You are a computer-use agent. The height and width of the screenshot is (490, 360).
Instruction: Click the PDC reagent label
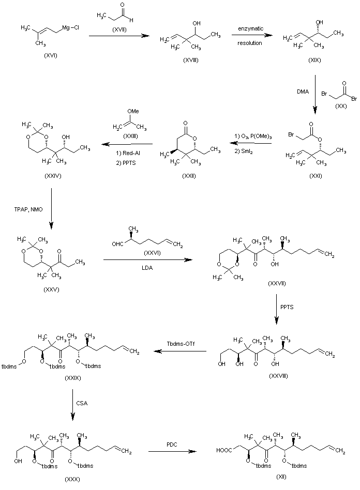pyautogui.click(x=172, y=443)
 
